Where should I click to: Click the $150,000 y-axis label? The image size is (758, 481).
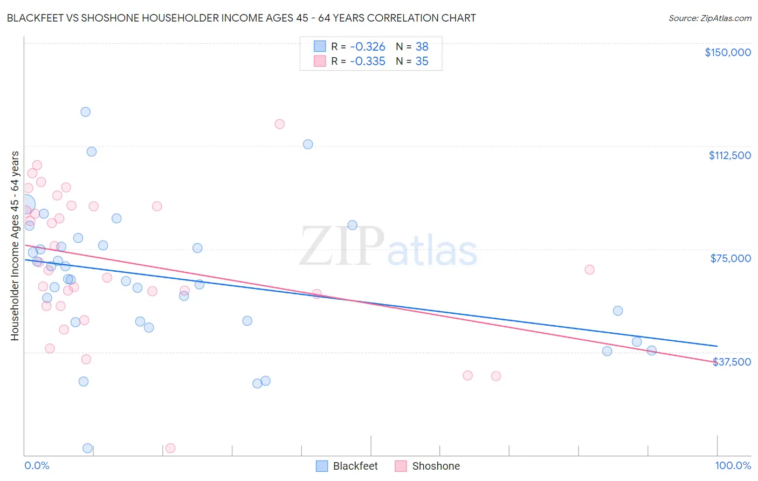point(727,52)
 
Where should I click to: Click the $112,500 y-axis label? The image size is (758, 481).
point(729,155)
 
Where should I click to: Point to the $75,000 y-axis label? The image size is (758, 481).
point(731,258)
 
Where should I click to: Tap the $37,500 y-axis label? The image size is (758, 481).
point(732,362)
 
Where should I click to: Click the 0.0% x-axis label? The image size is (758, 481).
point(37,465)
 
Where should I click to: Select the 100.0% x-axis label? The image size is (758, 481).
point(733,465)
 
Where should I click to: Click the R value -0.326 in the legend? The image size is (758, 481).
point(367,47)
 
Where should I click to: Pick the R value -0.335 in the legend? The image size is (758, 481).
point(367,61)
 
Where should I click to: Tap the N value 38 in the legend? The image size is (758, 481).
point(422,47)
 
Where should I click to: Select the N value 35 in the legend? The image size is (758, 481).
point(422,61)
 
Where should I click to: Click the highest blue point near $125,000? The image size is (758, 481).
point(85,112)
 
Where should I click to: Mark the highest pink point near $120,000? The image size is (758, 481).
point(279,124)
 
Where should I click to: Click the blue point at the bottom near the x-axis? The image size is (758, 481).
point(87,448)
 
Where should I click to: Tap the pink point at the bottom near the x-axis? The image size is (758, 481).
point(170,448)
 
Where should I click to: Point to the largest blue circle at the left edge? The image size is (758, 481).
point(25,205)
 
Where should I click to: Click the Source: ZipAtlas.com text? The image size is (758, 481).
point(709,18)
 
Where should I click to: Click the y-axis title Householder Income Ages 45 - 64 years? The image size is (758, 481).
point(15,246)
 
